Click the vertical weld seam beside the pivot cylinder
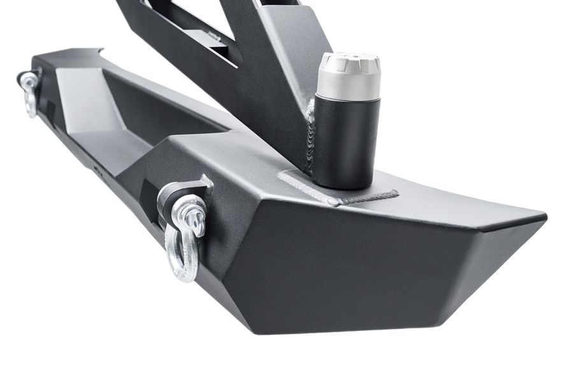coord(311,137)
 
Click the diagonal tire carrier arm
coord(267,76)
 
